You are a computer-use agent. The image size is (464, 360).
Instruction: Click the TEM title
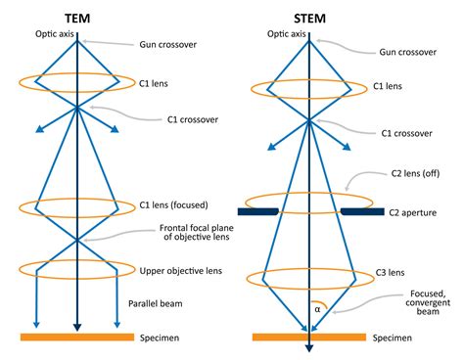tap(77, 17)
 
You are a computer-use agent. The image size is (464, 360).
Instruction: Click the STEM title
tap(308, 17)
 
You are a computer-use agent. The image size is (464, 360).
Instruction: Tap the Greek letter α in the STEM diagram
tap(317, 308)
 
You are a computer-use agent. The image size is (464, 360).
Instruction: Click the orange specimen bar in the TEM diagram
tap(76, 337)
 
